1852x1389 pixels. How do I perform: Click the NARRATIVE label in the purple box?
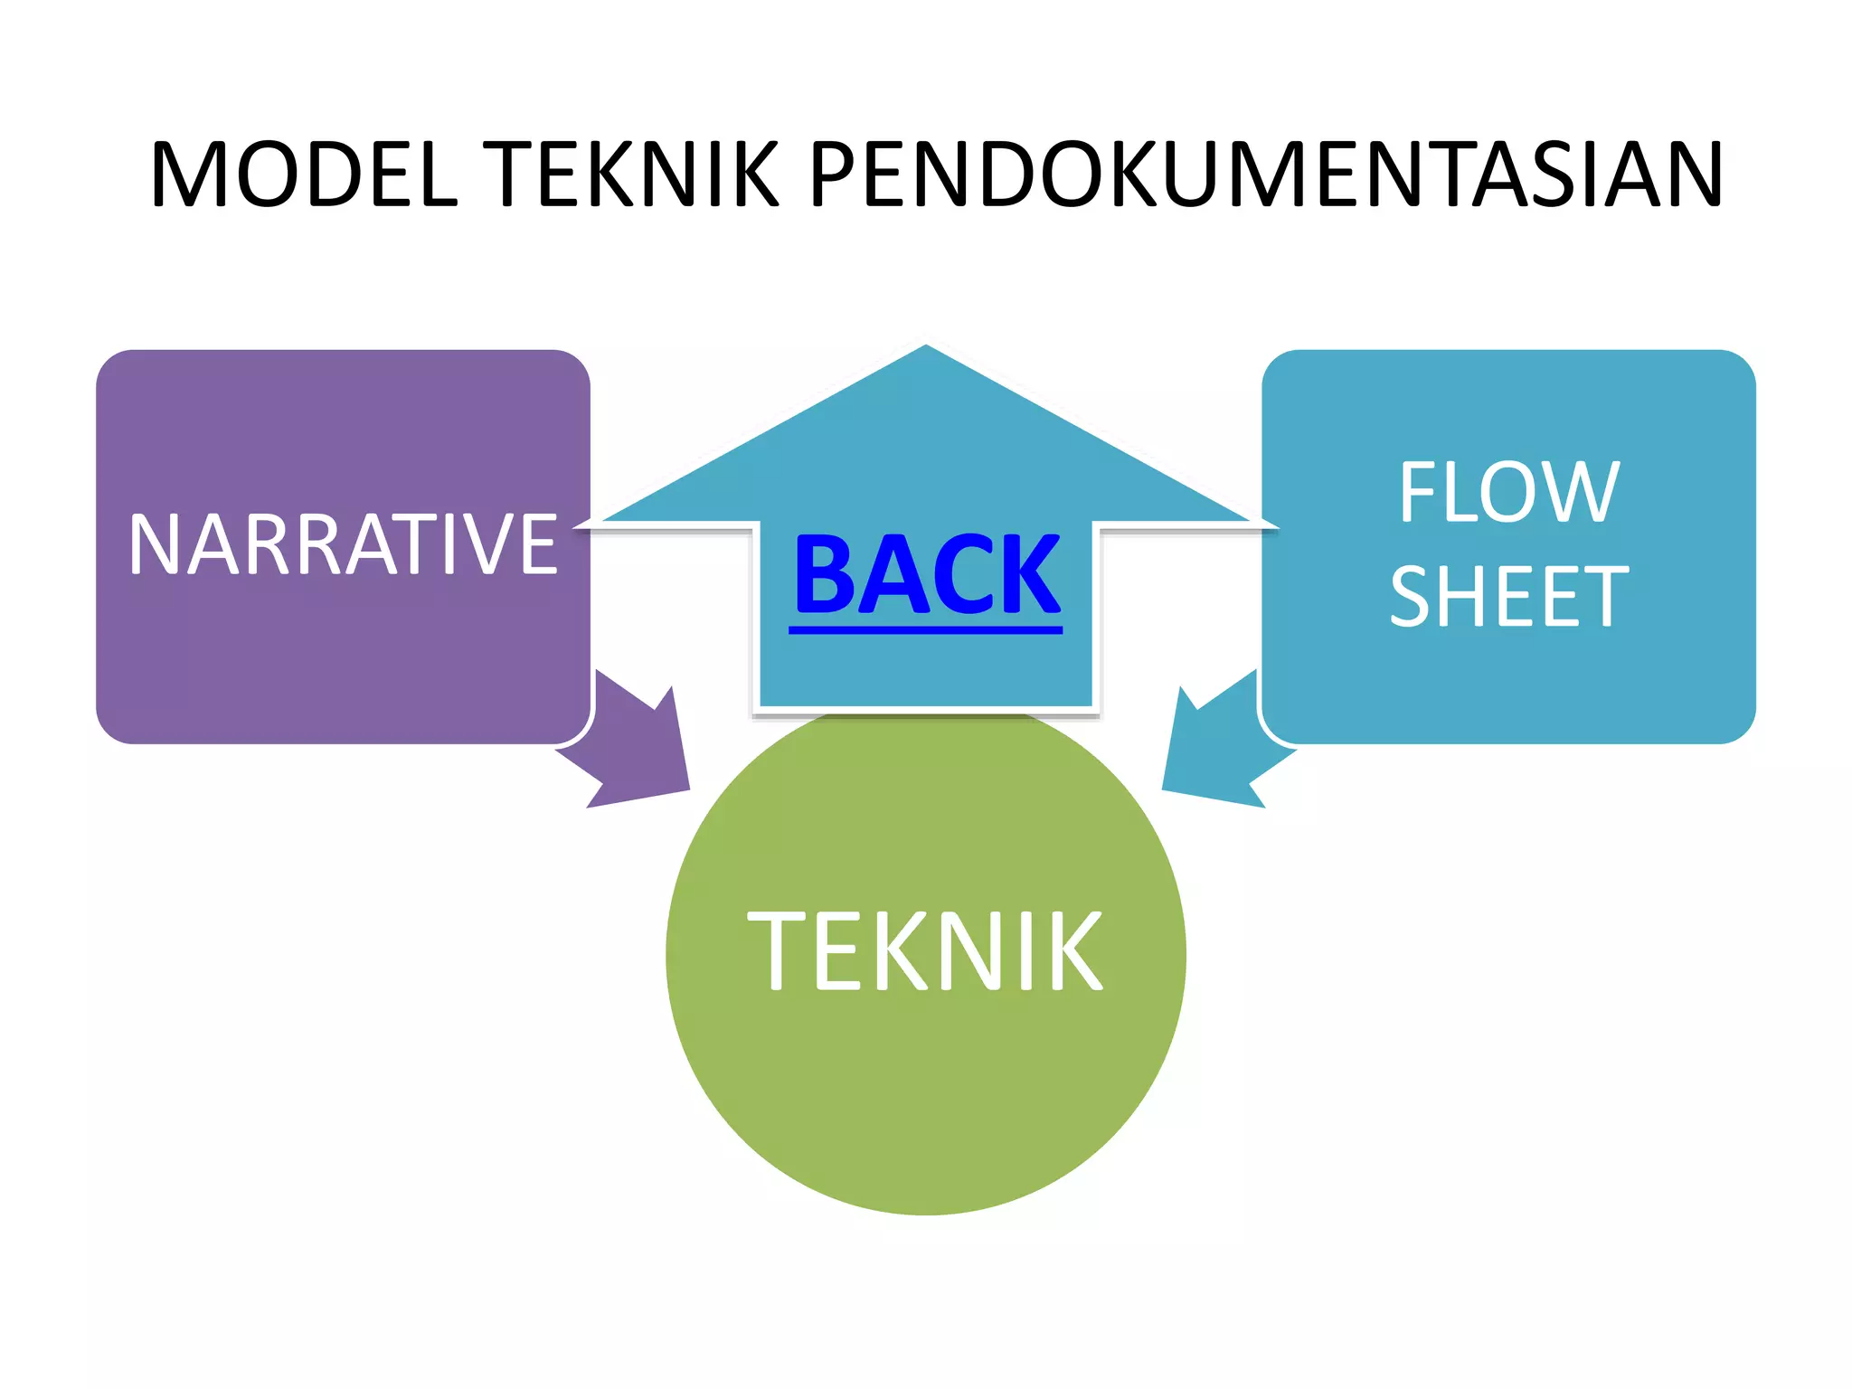click(x=344, y=543)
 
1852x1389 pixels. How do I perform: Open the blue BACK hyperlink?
click(x=927, y=575)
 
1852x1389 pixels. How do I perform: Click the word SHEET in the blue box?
click(x=1508, y=596)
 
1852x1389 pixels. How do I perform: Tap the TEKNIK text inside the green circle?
click(x=925, y=950)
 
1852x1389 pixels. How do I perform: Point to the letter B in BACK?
click(x=823, y=575)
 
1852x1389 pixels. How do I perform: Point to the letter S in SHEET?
click(x=1413, y=596)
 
